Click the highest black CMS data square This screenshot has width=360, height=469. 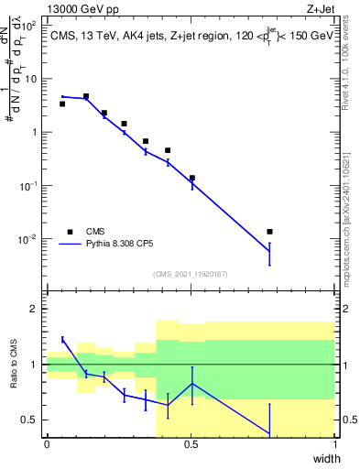[86, 96]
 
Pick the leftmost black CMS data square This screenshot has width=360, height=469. [62, 104]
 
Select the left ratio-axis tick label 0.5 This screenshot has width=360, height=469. [31, 420]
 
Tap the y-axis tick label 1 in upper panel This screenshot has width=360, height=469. [35, 132]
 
